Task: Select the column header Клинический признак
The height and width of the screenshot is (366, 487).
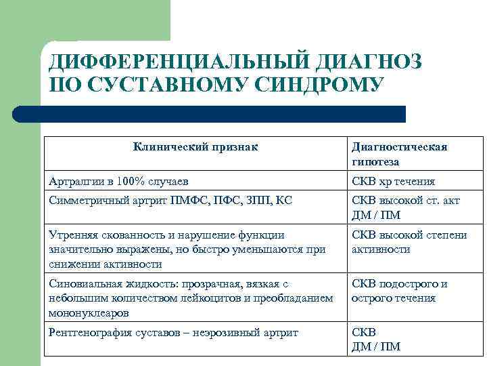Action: tap(196, 146)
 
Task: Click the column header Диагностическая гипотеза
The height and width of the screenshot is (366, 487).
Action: tap(399, 155)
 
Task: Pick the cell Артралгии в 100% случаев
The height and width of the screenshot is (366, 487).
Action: tap(119, 182)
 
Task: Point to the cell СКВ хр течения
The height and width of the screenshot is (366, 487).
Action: tap(393, 182)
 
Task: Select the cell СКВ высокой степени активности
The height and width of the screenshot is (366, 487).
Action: tap(409, 242)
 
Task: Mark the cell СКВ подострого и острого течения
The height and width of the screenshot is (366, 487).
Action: tap(399, 291)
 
